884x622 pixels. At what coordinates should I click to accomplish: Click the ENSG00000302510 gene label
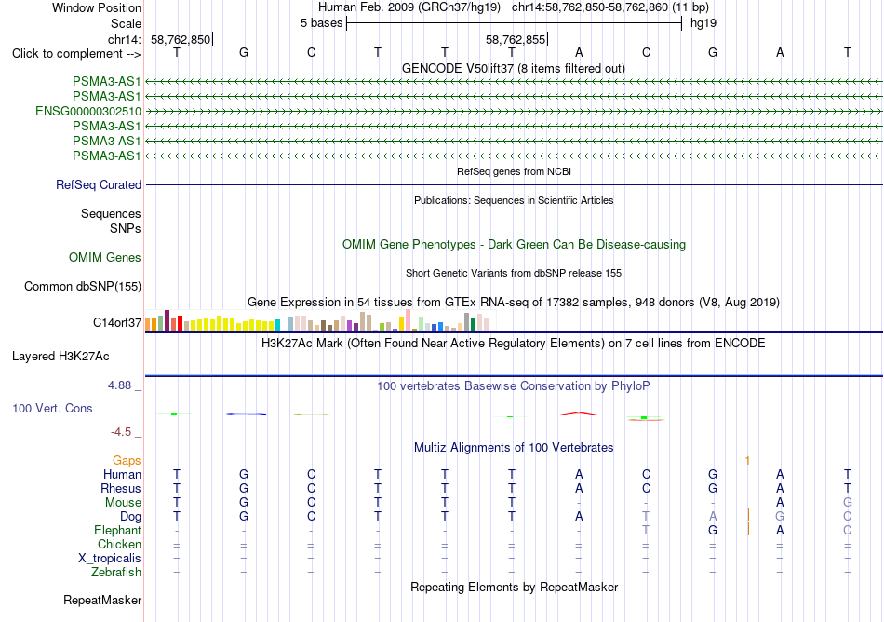click(88, 111)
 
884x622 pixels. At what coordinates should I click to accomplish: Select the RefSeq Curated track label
click(99, 185)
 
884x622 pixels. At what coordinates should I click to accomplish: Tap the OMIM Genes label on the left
click(105, 258)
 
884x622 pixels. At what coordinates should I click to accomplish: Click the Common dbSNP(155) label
click(83, 287)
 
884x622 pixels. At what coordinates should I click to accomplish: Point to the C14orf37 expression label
click(117, 322)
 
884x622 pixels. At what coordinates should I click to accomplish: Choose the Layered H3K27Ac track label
click(60, 357)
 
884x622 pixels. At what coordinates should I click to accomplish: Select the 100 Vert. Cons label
click(52, 408)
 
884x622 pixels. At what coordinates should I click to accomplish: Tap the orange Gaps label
click(127, 461)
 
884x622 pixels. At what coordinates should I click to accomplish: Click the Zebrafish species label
click(116, 573)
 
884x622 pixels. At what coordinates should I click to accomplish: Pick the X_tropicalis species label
click(110, 559)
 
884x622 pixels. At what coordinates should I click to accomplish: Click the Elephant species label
click(118, 531)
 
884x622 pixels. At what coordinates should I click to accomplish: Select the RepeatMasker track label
click(102, 600)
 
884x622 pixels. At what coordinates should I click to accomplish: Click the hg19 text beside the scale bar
click(703, 23)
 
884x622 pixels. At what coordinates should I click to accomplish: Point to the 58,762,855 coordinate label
click(516, 39)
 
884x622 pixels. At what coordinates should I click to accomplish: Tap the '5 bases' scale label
click(321, 23)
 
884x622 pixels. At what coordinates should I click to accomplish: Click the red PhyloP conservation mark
click(579, 414)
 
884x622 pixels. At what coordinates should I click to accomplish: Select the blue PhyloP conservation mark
click(247, 414)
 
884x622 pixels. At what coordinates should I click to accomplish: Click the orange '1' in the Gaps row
click(747, 461)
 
